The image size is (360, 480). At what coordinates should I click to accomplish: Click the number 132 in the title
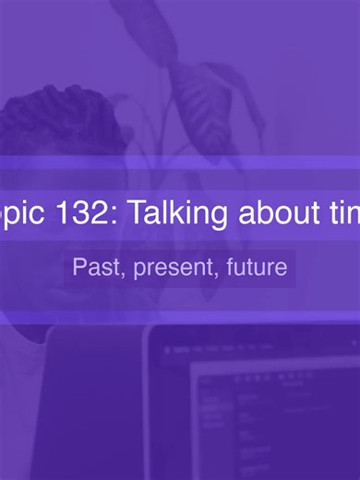(x=79, y=214)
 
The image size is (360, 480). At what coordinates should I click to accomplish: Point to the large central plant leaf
(x=198, y=102)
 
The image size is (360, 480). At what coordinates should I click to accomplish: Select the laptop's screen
(x=268, y=406)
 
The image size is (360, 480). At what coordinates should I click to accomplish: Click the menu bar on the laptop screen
(x=249, y=350)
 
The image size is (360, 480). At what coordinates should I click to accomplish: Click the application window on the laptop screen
(x=277, y=415)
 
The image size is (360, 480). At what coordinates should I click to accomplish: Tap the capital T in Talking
(x=136, y=214)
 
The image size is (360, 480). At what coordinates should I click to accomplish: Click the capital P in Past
(x=80, y=269)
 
